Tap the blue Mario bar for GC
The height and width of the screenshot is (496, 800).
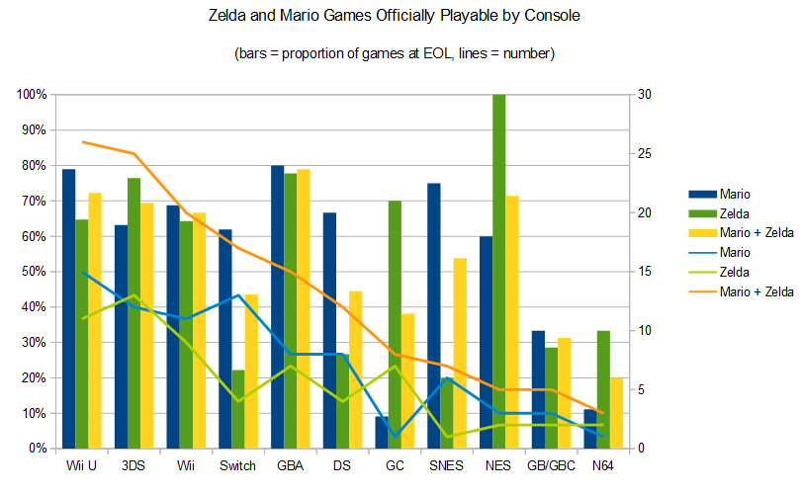pyautogui.click(x=381, y=432)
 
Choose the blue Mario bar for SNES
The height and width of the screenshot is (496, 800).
pyautogui.click(x=433, y=316)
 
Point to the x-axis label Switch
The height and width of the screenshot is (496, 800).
pyautogui.click(x=237, y=466)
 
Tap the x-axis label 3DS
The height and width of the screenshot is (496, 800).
pyautogui.click(x=133, y=466)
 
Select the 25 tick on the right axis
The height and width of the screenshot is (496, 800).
pyautogui.click(x=645, y=154)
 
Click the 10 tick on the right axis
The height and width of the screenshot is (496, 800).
pyautogui.click(x=645, y=331)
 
